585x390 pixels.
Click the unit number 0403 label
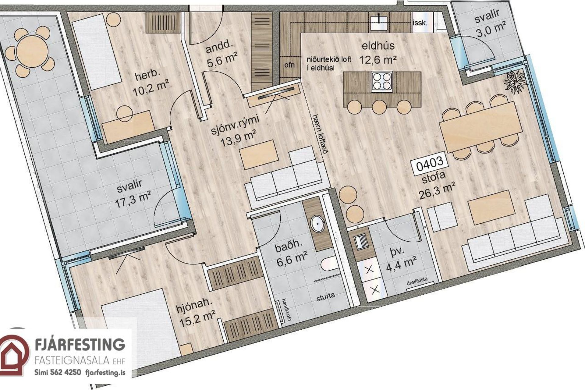pos(430,166)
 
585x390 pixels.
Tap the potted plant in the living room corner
pos(515,81)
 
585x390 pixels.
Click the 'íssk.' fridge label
pos(420,23)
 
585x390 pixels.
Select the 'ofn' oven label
pos(289,65)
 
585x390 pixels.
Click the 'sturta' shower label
pos(326,296)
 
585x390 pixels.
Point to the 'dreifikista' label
pos(417,281)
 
